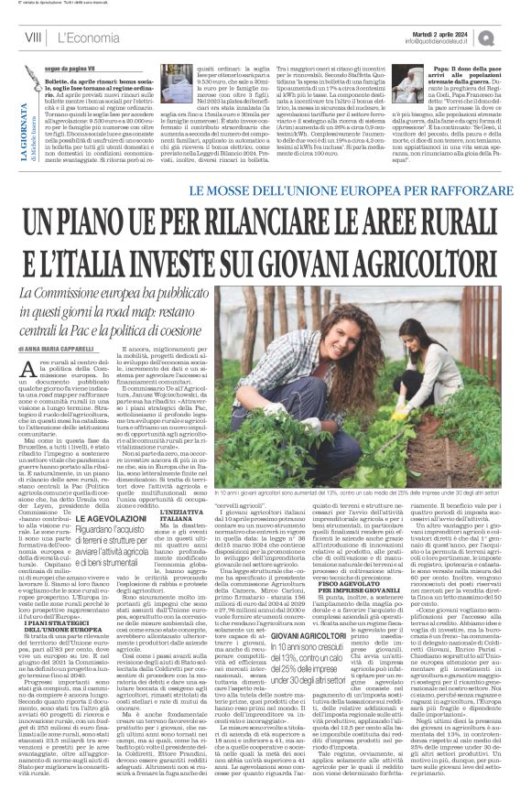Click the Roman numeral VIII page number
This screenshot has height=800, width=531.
30,36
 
